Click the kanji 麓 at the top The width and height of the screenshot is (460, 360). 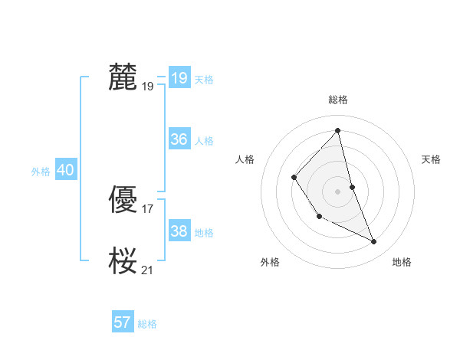click(123, 78)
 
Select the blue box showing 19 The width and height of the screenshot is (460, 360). click(179, 78)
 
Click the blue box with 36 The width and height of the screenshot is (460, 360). click(179, 139)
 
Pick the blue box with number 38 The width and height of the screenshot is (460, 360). click(179, 231)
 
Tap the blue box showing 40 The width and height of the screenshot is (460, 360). click(65, 171)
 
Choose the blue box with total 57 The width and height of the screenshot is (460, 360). click(123, 322)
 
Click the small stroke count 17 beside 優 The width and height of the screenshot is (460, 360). click(148, 208)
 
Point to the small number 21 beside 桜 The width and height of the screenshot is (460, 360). click(148, 270)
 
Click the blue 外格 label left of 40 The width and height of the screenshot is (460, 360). click(41, 172)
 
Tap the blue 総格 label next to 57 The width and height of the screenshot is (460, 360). click(147, 324)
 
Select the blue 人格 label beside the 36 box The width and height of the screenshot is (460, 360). click(204, 141)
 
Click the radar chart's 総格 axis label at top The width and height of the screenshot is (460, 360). click(337, 100)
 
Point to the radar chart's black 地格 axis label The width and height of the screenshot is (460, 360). click(402, 262)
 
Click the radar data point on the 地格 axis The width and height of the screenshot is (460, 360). click(374, 241)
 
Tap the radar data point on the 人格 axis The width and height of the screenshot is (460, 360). click(294, 178)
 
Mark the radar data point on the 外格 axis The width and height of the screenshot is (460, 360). click(319, 216)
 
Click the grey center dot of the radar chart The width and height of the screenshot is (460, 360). click(337, 191)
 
